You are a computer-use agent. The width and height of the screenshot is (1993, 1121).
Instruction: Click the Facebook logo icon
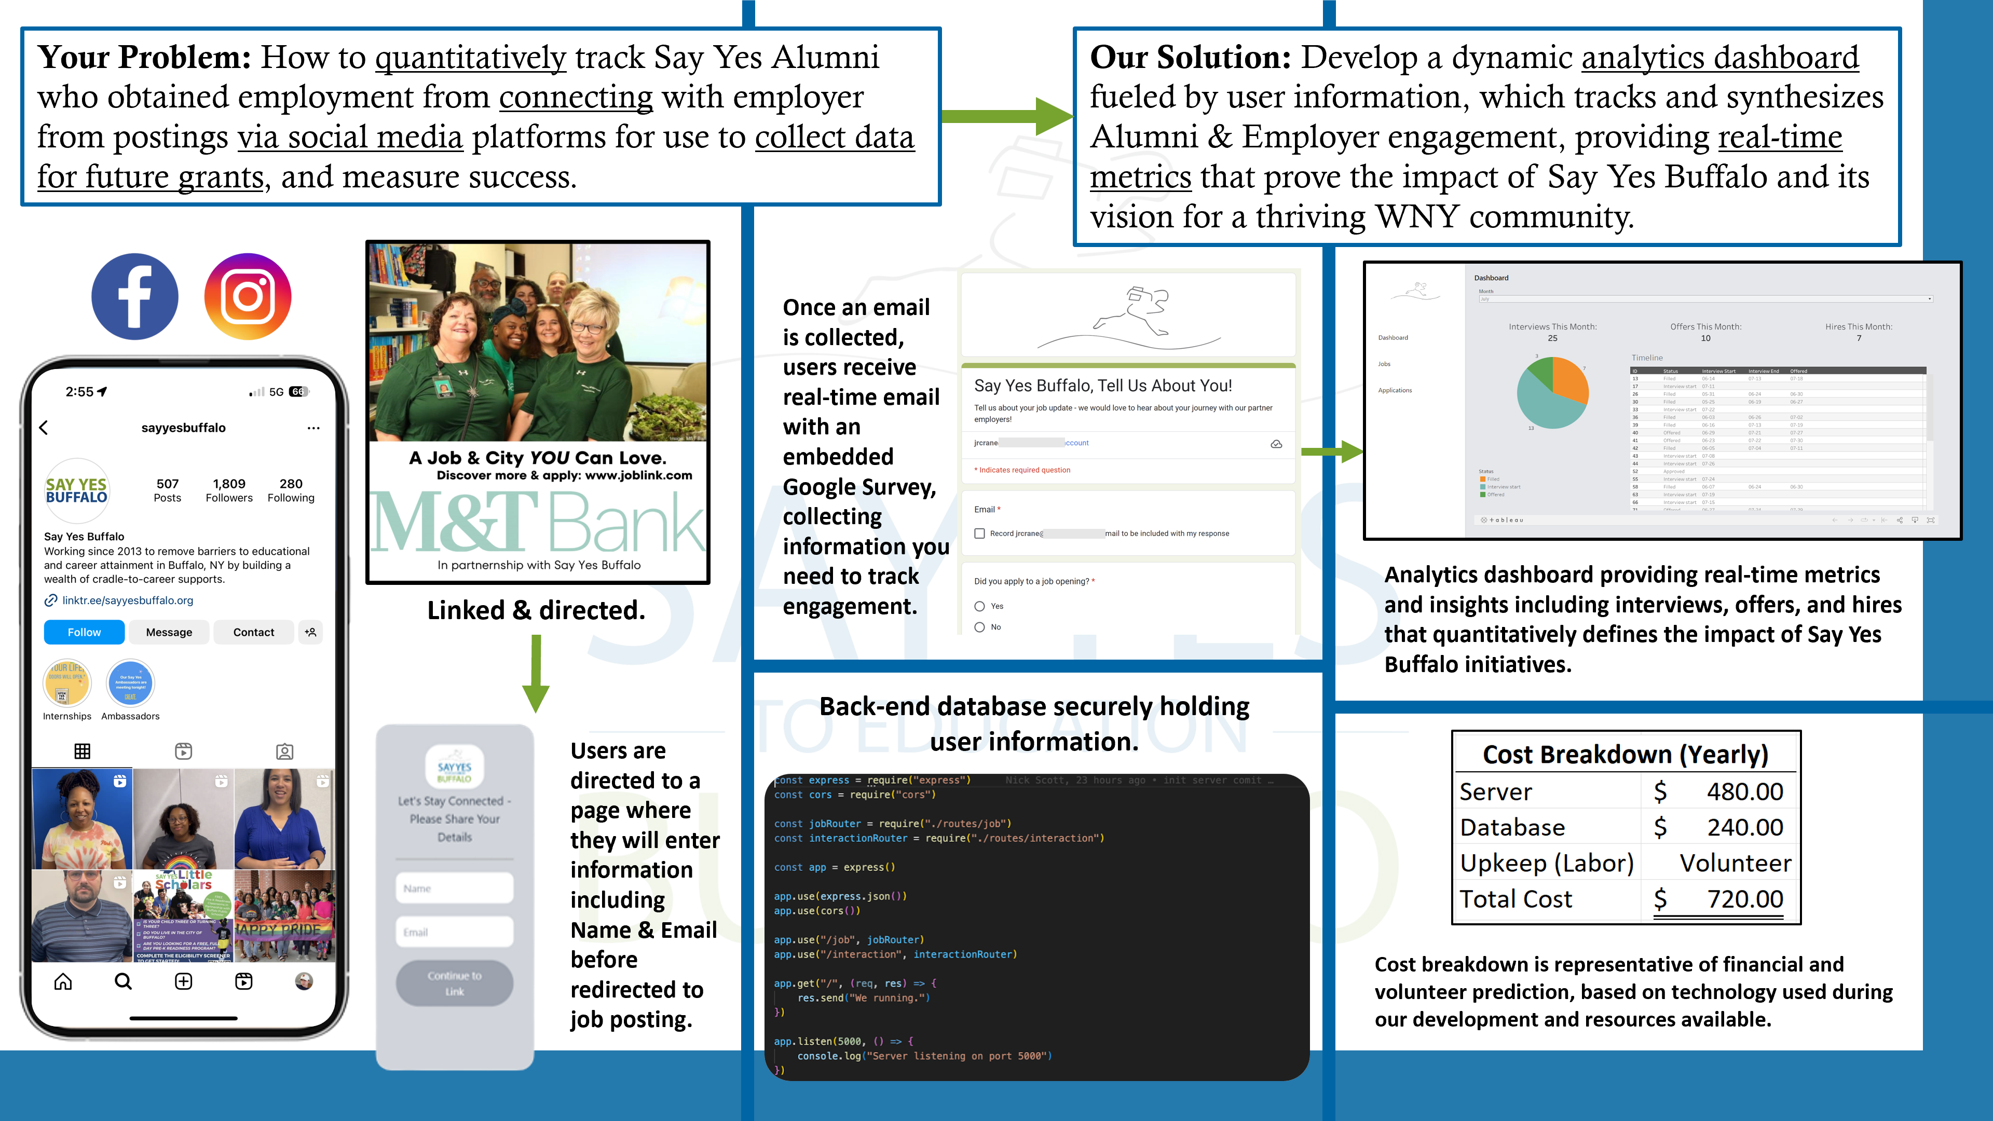[x=134, y=296]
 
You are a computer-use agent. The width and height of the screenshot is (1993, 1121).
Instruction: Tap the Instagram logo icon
[x=248, y=296]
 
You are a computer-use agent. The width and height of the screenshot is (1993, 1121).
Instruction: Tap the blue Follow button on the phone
[x=84, y=632]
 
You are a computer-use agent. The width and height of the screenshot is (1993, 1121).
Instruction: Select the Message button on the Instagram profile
[x=169, y=632]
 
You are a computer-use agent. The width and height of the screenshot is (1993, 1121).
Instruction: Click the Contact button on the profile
[x=254, y=632]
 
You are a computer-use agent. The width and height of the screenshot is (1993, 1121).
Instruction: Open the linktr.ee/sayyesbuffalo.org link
[x=128, y=600]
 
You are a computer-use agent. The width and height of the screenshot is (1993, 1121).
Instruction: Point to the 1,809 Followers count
[x=229, y=490]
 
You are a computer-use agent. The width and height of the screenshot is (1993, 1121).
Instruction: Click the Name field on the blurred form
[x=454, y=888]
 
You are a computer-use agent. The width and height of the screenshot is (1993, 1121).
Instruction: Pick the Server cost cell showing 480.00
[x=1744, y=791]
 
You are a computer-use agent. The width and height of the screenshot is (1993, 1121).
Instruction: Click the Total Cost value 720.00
[x=1744, y=899]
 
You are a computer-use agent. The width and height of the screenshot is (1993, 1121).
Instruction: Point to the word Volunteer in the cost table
[x=1735, y=864]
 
